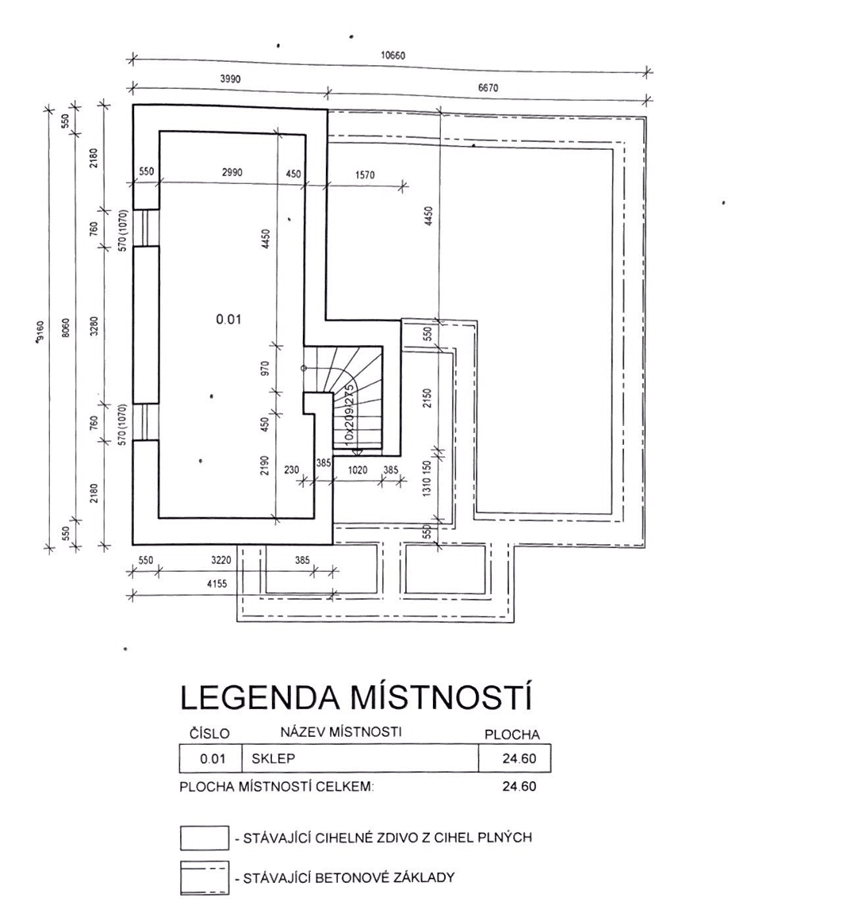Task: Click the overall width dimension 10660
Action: (x=393, y=56)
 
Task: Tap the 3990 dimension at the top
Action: (x=230, y=79)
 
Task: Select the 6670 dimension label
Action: (x=488, y=88)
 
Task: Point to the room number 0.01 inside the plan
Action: (x=228, y=320)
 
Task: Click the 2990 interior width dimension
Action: (x=232, y=172)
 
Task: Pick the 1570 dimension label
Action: (x=365, y=175)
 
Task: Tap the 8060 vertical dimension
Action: (x=66, y=328)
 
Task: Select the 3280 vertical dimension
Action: (x=94, y=328)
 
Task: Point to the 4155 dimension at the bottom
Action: (x=217, y=584)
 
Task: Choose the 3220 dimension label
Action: (x=221, y=560)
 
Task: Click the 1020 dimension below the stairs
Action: (x=358, y=470)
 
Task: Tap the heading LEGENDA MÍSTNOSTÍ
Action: (x=356, y=698)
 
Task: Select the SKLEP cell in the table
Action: (x=273, y=758)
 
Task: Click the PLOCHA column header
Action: (x=512, y=735)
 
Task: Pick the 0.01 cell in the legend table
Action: (x=213, y=759)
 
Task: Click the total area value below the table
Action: (x=519, y=787)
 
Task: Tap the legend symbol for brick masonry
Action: (x=204, y=838)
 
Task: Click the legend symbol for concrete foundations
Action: (x=204, y=878)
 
